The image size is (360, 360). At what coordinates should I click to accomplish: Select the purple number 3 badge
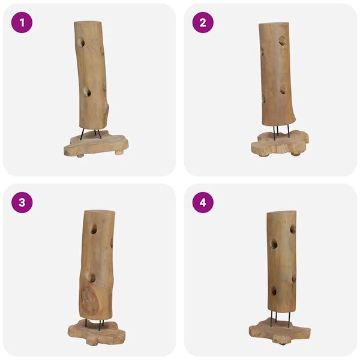click(x=22, y=202)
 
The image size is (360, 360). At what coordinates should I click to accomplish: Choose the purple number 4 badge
click(x=203, y=202)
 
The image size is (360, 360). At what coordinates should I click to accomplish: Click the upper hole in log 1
click(x=81, y=43)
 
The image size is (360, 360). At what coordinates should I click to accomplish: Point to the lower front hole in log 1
click(x=86, y=92)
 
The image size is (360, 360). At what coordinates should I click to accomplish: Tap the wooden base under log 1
click(x=96, y=145)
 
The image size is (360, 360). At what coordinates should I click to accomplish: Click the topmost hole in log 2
click(x=281, y=40)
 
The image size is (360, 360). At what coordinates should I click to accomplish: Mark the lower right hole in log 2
click(x=283, y=90)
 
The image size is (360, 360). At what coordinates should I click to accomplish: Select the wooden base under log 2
click(x=279, y=143)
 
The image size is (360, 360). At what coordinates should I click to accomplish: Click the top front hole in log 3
click(x=93, y=229)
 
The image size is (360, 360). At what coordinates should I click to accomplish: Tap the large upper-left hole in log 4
click(x=274, y=244)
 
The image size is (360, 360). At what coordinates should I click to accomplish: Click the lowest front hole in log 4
click(x=274, y=290)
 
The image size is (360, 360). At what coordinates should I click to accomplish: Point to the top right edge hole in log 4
click(x=293, y=229)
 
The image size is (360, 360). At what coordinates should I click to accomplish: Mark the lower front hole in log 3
click(x=91, y=277)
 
